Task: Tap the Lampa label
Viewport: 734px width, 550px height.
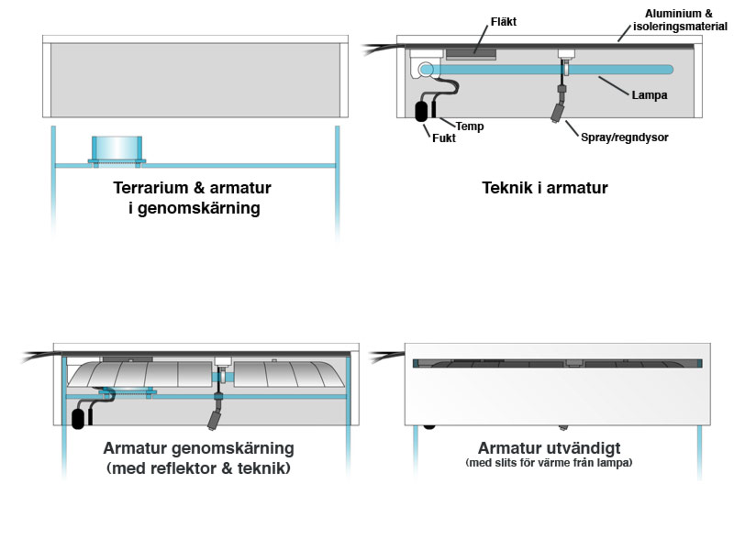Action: coord(649,93)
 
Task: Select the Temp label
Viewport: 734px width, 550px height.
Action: coord(470,126)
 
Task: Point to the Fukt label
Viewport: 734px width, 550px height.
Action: coord(444,138)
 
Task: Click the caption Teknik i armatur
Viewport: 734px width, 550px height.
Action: coord(544,188)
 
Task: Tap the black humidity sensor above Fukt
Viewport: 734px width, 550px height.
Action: coord(422,110)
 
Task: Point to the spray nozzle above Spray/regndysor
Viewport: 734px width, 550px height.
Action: coord(558,113)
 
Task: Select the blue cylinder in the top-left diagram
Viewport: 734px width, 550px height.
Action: coord(117,148)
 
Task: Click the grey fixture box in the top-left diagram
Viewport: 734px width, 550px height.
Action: coord(195,80)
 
